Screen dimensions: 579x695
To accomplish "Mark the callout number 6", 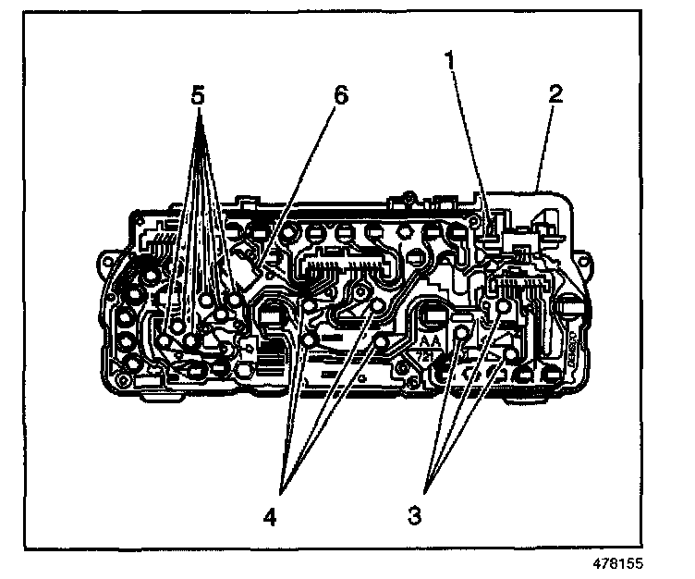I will tap(342, 95).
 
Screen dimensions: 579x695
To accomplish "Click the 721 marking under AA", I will tap(429, 355).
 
